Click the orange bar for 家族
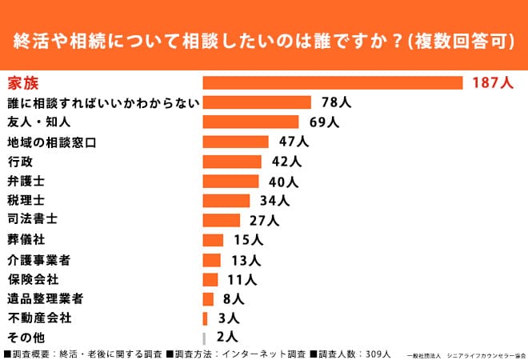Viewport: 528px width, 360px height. point(333,82)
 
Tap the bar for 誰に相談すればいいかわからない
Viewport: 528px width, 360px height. point(257,102)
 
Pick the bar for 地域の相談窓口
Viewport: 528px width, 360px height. point(236,142)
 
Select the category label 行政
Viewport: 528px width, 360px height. point(20,162)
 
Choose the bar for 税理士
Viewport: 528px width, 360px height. point(226,200)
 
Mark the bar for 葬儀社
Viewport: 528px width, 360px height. point(213,240)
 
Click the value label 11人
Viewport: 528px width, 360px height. point(241,279)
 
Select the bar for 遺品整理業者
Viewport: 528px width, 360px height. point(208,298)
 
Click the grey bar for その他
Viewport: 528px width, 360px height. point(205,337)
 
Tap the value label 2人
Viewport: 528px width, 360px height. point(227,337)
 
